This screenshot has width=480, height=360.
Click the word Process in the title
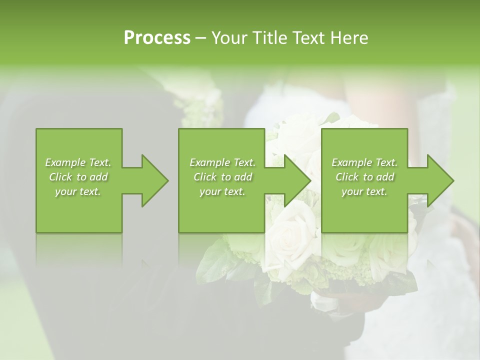(x=157, y=38)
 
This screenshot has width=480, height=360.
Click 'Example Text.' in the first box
(x=78, y=162)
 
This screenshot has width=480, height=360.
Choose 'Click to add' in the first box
(x=78, y=177)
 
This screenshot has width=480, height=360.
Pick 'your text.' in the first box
(x=78, y=191)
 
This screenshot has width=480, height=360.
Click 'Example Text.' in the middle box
(x=222, y=162)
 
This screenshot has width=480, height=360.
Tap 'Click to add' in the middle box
(x=222, y=177)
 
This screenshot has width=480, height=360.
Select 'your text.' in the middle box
(x=222, y=191)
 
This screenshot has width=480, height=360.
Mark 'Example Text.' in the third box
(x=364, y=162)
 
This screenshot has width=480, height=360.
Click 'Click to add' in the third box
(x=364, y=177)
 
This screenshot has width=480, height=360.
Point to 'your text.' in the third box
(x=364, y=191)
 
